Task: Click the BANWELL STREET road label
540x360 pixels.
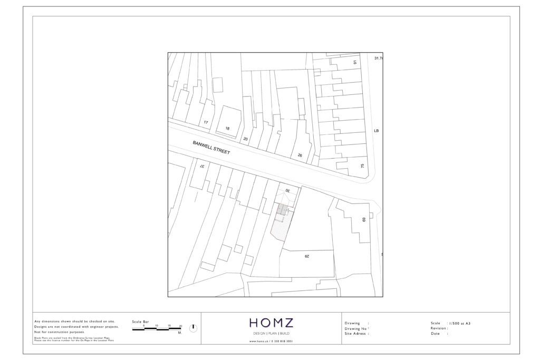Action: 211,147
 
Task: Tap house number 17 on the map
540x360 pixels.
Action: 206,122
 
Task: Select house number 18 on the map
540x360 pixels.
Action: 227,128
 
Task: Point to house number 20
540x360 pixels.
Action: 245,139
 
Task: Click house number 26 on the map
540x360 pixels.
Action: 300,155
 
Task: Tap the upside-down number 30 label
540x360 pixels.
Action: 288,190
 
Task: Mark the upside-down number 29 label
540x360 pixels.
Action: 306,256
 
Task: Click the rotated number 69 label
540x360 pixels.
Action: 363,219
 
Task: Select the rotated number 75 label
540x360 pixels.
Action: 362,166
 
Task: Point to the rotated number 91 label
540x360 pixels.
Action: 355,62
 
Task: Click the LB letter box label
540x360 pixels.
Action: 376,131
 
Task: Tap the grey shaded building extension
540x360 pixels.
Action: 283,210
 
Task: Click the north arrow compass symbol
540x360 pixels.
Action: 193,328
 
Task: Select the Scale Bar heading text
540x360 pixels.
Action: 140,321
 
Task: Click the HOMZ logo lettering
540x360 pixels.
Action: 271,323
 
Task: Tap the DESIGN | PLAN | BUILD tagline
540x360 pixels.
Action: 271,334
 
